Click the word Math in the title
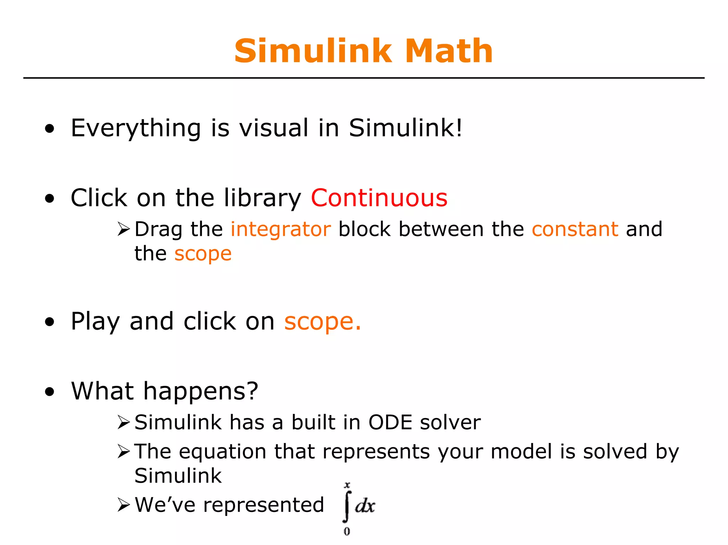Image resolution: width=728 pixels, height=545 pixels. [449, 51]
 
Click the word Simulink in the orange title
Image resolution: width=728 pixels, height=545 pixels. [313, 51]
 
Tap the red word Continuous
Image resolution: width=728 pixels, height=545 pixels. [379, 198]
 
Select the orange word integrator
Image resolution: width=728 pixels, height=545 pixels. [280, 229]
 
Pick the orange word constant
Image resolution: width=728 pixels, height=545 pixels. [575, 229]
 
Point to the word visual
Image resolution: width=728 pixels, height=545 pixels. [273, 128]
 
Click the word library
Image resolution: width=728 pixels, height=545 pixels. [262, 199]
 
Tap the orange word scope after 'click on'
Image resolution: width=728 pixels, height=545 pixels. [322, 322]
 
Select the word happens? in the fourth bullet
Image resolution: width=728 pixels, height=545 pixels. [200, 392]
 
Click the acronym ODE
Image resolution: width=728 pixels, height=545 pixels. [390, 422]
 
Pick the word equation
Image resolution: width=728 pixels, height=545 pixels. [223, 452]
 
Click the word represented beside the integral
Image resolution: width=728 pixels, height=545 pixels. [263, 505]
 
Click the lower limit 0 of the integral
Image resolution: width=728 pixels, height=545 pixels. [347, 531]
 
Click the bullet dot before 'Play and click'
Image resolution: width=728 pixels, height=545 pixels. [50, 322]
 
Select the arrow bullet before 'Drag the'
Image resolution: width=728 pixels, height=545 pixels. [124, 229]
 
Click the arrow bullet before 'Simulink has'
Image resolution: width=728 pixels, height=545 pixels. [124, 423]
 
